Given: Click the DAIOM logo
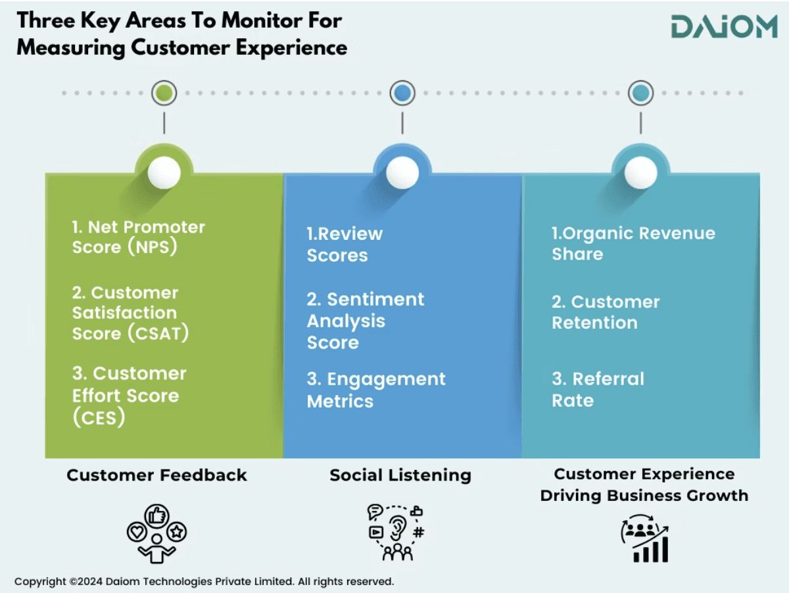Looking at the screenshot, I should [724, 27].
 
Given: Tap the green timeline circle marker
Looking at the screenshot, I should [164, 93].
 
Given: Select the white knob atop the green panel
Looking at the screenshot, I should [164, 173].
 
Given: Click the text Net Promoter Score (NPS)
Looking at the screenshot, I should [138, 237].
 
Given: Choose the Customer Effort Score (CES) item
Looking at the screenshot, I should [129, 395].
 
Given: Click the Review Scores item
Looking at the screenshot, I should [345, 245].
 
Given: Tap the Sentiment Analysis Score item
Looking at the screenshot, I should [365, 321].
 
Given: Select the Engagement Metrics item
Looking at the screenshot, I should [375, 390].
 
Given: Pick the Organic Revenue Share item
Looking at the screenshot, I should [633, 244].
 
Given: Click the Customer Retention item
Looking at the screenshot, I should [605, 312].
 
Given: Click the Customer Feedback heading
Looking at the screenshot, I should [156, 475].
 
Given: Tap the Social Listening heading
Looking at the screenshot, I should [400, 475].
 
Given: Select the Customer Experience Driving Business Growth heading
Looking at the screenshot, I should [644, 485].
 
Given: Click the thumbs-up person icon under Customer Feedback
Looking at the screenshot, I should [156, 533].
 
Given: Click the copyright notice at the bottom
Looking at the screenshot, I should [204, 581].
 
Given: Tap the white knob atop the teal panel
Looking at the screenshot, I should [640, 173].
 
